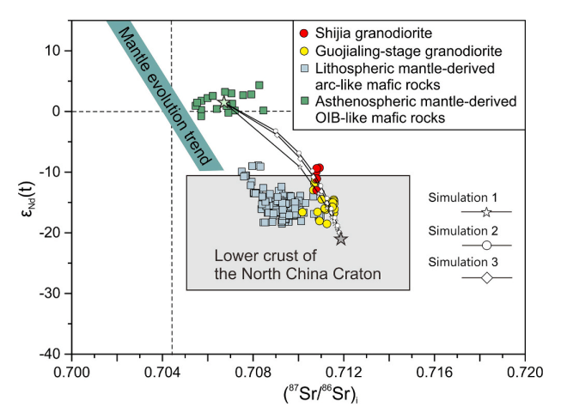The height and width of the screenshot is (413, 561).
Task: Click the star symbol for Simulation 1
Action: coord(486,211)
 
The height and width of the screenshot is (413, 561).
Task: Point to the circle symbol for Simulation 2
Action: coord(486,245)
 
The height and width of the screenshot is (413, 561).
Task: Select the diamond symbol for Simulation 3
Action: coord(486,277)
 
